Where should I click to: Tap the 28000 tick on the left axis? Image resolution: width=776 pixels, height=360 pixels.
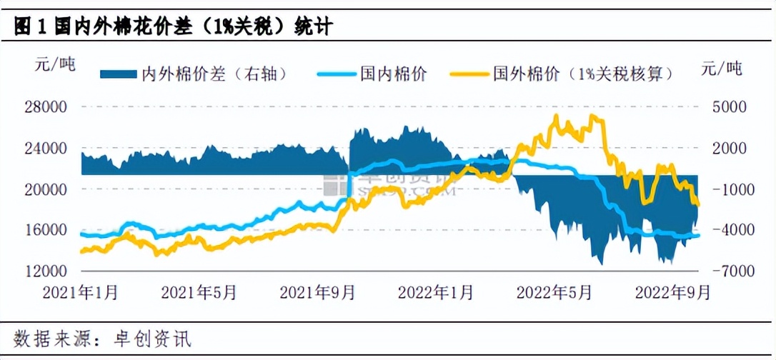pyautogui.click(x=46, y=107)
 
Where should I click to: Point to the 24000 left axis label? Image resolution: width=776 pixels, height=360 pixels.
pyautogui.click(x=46, y=149)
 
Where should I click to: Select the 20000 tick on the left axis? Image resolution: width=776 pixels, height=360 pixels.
pyautogui.click(x=46, y=190)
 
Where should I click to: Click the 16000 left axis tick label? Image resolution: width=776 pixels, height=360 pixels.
pyautogui.click(x=46, y=231)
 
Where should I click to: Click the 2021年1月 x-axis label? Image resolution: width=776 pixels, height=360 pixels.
pyautogui.click(x=80, y=292)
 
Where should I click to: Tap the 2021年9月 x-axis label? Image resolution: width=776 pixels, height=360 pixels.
pyautogui.click(x=317, y=292)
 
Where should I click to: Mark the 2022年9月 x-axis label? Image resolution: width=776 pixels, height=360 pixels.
pyautogui.click(x=672, y=292)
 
